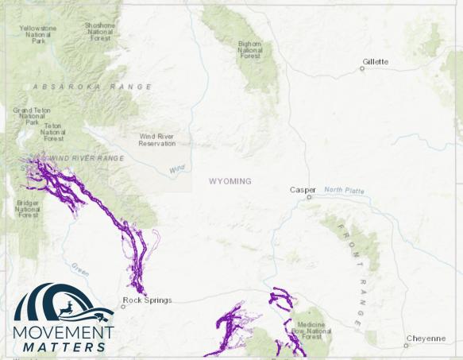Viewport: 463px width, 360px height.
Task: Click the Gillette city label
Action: click(x=376, y=61)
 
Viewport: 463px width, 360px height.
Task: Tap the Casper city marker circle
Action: click(x=310, y=197)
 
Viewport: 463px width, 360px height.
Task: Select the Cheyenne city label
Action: click(x=426, y=339)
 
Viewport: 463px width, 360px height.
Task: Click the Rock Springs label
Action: click(x=147, y=300)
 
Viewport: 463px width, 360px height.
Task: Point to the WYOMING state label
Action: click(x=230, y=181)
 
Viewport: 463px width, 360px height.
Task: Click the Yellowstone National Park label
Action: click(x=37, y=33)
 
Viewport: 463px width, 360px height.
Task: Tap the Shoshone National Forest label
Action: click(x=100, y=30)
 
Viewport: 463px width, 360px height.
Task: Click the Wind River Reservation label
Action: click(x=156, y=140)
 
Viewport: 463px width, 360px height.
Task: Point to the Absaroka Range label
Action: click(x=92, y=86)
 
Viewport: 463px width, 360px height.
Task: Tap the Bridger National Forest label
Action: click(x=28, y=209)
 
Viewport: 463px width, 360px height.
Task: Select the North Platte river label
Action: click(x=344, y=189)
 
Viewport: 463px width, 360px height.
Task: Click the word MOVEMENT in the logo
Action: click(x=64, y=331)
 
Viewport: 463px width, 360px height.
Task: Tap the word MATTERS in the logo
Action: click(x=64, y=346)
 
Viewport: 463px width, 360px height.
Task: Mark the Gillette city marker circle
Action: click(x=362, y=68)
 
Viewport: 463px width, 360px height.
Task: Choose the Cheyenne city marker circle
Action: click(x=406, y=346)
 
